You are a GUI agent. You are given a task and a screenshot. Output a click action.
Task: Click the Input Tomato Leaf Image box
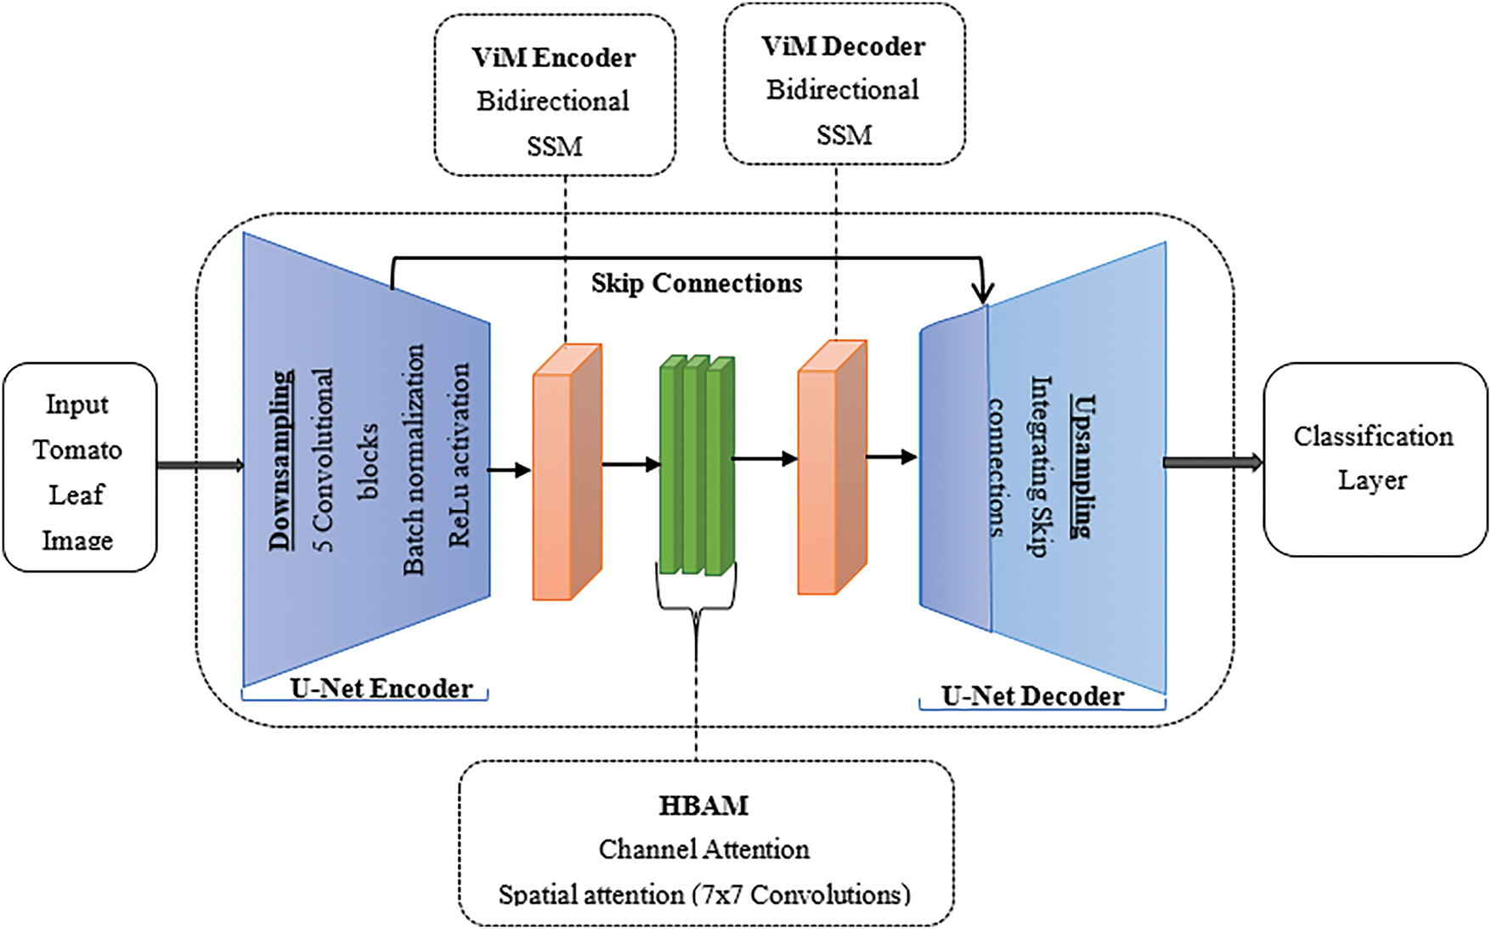tap(79, 468)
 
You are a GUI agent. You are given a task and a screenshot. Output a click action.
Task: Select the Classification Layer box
tap(1374, 459)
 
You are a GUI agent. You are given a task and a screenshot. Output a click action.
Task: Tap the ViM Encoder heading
tap(554, 58)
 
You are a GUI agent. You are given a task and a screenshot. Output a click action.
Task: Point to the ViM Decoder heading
tap(843, 47)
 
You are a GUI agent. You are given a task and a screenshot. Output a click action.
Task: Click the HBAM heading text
tap(703, 805)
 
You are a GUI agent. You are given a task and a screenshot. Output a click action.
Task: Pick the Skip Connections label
tap(697, 283)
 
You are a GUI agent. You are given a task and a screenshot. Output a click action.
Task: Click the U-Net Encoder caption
tap(381, 688)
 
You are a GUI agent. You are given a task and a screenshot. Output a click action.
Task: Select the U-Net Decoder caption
tap(1032, 696)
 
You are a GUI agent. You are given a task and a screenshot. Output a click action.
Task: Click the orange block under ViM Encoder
tap(567, 473)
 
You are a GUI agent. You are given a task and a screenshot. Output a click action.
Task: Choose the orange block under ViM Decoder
tap(832, 467)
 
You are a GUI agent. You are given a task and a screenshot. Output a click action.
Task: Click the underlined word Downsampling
tap(281, 460)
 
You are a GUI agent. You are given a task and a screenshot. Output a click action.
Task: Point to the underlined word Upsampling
tap(1081, 465)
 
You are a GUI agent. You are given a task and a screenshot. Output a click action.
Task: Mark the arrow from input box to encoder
tap(200, 465)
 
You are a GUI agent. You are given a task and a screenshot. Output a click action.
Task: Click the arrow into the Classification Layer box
tap(1213, 462)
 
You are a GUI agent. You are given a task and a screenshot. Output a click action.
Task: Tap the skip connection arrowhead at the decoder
tap(983, 293)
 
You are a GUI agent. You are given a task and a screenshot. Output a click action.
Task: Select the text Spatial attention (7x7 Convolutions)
tap(704, 894)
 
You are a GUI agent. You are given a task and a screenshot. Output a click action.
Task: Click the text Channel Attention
tap(704, 849)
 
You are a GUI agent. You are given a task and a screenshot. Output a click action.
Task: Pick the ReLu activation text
tap(459, 455)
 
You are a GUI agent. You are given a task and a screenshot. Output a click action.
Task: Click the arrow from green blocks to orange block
tap(765, 459)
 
